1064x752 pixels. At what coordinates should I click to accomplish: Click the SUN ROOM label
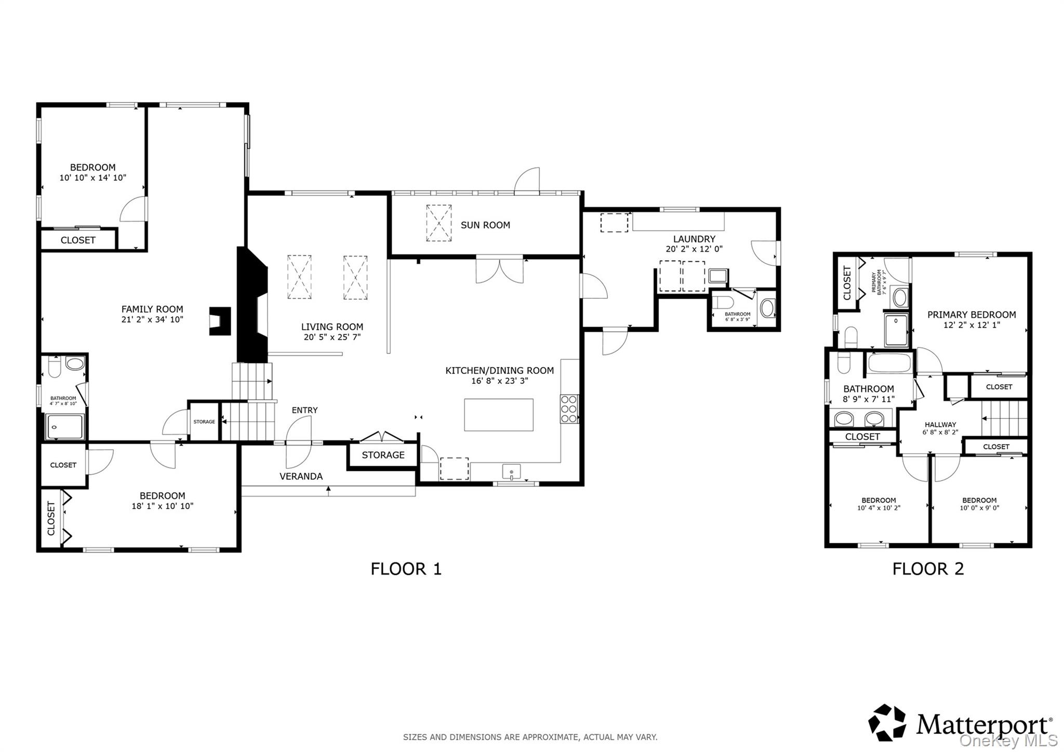[x=485, y=225]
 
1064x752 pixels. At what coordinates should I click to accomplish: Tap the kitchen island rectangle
[x=499, y=414]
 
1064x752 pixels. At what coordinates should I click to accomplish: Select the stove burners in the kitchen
[x=569, y=409]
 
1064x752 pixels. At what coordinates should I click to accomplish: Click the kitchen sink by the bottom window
[x=512, y=472]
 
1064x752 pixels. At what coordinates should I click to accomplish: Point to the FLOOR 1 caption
[x=406, y=569]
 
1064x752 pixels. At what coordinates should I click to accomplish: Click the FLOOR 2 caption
[x=928, y=569]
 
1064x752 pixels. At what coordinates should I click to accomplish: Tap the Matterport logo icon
[x=887, y=722]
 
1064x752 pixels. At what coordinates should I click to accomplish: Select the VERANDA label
[x=301, y=476]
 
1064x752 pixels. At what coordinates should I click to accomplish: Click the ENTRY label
[x=304, y=410]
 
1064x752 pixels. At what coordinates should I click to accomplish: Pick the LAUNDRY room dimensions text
[x=694, y=249]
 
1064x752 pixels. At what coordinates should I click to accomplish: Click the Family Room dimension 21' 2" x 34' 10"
[x=152, y=319]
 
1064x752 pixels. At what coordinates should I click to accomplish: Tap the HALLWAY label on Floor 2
[x=940, y=424]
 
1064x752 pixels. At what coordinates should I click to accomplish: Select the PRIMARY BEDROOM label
[x=972, y=315]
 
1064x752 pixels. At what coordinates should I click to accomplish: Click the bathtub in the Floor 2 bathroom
[x=889, y=363]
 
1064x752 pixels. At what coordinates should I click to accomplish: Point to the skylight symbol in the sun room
[x=439, y=223]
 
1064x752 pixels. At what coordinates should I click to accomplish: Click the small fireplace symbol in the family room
[x=220, y=321]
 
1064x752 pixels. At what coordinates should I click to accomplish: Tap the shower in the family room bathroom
[x=64, y=427]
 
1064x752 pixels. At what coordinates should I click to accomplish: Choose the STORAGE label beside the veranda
[x=383, y=455]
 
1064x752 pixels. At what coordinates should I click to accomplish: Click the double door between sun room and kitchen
[x=500, y=270]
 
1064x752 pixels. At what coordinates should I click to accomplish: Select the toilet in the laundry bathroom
[x=722, y=302]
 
